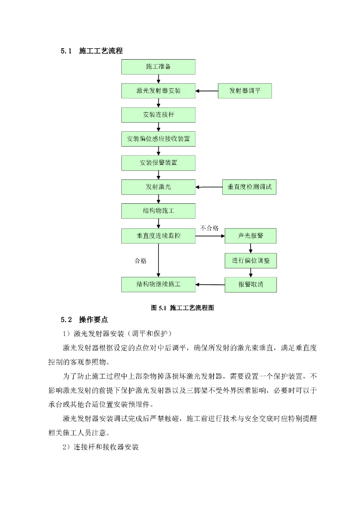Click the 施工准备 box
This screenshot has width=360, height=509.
158,67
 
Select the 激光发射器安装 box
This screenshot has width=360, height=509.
158,91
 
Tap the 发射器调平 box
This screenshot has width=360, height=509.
245,91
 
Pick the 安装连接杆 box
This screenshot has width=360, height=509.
158,115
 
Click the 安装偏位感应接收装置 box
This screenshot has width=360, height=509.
158,139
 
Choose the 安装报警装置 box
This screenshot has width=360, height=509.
158,163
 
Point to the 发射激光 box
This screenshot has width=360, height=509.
158,187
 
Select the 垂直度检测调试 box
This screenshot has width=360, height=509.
249,187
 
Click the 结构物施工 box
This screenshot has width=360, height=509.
158,211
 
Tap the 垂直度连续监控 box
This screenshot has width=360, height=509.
158,236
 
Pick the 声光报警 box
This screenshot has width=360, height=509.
250,236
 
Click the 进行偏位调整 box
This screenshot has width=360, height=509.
250,260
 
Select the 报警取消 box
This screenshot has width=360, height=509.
250,285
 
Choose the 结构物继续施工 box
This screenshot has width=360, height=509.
158,284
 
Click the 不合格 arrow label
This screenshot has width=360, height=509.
209,228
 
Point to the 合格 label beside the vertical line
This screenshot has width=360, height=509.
140,260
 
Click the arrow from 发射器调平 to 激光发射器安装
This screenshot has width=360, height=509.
206,91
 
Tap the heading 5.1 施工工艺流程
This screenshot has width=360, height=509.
92,51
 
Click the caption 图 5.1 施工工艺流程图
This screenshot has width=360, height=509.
182,308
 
